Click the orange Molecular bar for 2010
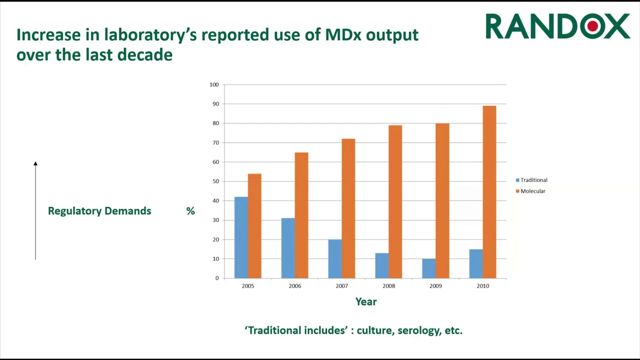point(489,192)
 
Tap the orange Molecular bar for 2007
point(348,208)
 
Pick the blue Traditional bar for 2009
point(428,268)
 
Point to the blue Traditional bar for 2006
point(288,248)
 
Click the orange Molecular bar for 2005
point(254,226)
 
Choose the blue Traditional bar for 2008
point(382,265)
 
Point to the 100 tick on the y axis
point(214,84)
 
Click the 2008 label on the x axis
point(388,286)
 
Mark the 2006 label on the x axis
point(295,286)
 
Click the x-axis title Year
point(366,301)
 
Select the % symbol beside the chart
point(190,211)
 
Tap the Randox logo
point(557,26)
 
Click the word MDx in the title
point(343,34)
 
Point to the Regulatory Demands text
point(99,211)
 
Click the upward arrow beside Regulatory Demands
point(35,210)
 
